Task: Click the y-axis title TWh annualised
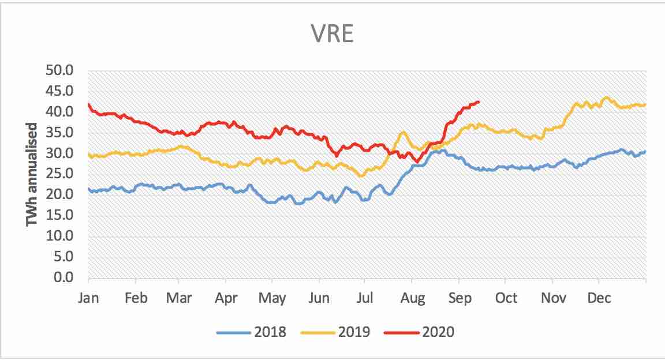[x=32, y=174]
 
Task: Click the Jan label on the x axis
[x=88, y=298]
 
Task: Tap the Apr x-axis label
[x=226, y=298]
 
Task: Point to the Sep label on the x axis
[x=458, y=298]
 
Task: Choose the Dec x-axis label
[x=599, y=298]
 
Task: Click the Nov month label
[x=552, y=298]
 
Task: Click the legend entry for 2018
[x=268, y=332]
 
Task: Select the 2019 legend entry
[x=353, y=332]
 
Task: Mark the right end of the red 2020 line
[x=479, y=102]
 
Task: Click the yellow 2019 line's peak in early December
[x=606, y=97]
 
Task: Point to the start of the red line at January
[x=88, y=104]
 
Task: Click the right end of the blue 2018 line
[x=645, y=152]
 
